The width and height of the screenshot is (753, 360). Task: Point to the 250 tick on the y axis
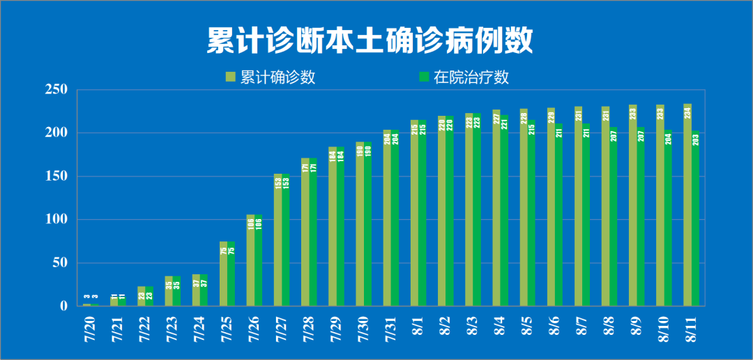point(56,90)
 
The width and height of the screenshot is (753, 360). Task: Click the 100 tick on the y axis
point(56,220)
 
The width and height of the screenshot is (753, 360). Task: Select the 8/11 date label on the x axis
point(692,328)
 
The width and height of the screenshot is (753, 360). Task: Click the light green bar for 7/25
point(224,273)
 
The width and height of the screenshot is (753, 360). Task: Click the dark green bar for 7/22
point(149,296)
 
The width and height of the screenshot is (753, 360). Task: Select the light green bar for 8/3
point(469,209)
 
